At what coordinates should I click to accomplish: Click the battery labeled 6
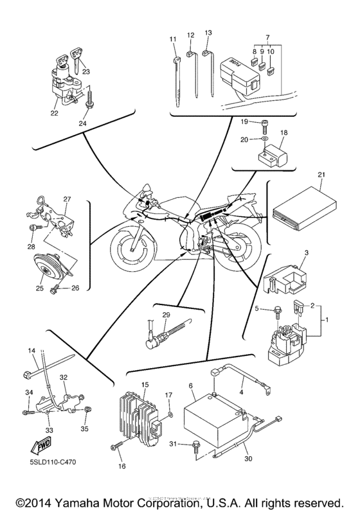[212, 421]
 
